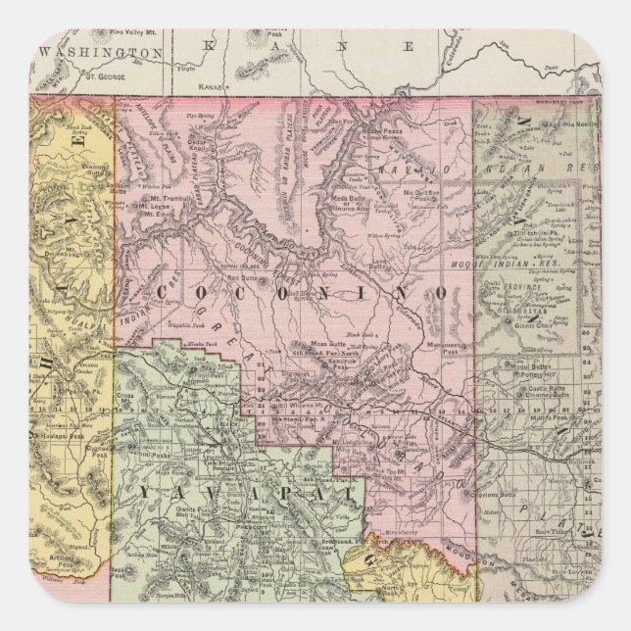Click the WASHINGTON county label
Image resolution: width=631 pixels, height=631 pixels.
(x=97, y=52)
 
